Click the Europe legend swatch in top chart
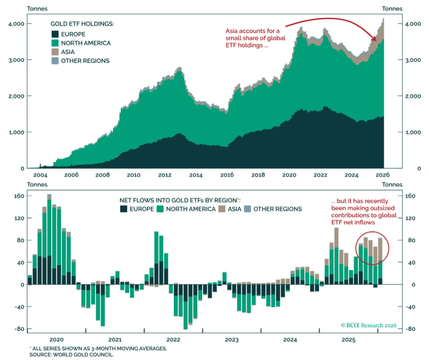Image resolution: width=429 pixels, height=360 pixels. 55,34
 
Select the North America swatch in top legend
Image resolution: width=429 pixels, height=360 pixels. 55,43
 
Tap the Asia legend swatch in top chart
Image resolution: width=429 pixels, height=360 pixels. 55,51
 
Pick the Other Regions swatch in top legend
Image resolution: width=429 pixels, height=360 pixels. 55,61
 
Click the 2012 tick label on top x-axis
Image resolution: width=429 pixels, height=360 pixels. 164,175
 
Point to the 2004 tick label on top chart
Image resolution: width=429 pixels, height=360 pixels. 40,175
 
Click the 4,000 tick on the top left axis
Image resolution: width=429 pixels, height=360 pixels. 17,24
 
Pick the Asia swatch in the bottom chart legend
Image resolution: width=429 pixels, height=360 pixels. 221,209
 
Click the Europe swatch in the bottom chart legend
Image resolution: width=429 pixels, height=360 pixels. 123,209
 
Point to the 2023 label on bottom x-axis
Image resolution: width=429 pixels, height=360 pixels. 231,339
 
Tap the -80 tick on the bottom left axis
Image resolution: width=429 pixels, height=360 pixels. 19,329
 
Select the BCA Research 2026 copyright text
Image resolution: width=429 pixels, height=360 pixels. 369,324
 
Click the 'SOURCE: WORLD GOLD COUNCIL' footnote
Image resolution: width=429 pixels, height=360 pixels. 72,355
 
